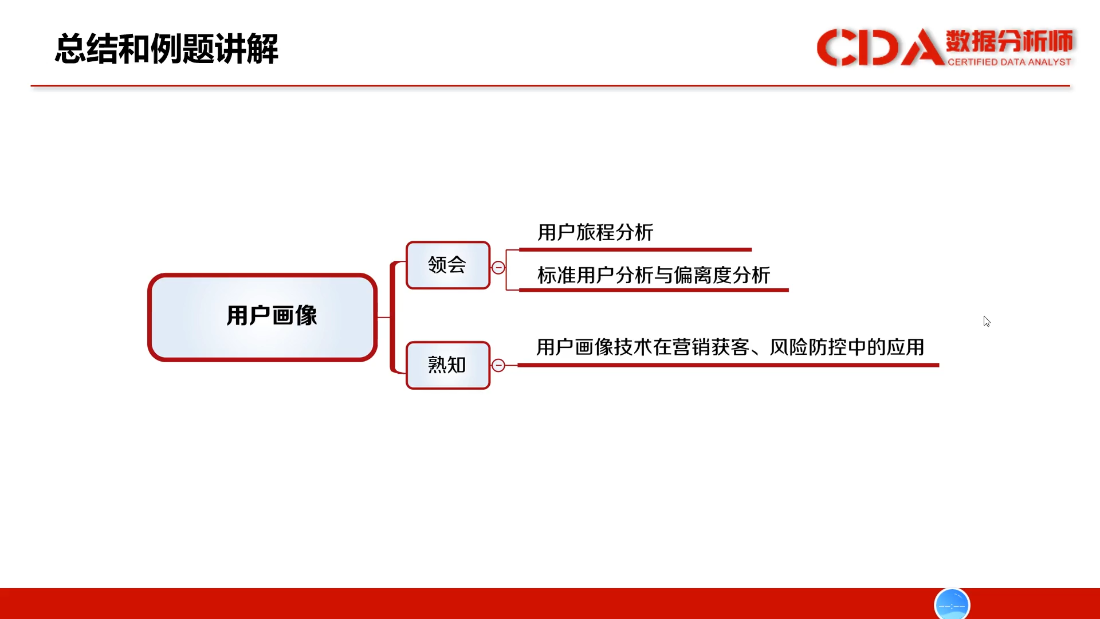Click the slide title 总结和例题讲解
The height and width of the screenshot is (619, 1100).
point(167,49)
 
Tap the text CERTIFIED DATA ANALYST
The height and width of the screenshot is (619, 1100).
point(1009,62)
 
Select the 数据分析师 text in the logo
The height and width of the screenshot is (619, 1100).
point(1009,41)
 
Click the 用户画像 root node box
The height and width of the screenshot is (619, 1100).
point(262,317)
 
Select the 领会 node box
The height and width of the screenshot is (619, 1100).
point(448,265)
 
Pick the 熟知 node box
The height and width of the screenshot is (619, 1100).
point(448,365)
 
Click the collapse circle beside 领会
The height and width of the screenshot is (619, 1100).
point(498,268)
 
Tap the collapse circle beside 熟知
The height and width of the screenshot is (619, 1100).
point(498,365)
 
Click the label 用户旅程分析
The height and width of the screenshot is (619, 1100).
point(595,232)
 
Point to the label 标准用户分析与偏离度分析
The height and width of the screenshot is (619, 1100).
point(654,275)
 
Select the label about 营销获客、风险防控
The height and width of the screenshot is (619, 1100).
point(730,347)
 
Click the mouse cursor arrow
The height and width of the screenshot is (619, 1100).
point(987,322)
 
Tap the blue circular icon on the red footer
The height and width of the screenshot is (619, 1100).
point(952,604)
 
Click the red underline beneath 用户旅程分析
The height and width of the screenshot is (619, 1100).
point(635,250)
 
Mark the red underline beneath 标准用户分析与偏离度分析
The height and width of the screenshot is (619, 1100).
point(654,290)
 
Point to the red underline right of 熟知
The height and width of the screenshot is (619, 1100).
point(728,365)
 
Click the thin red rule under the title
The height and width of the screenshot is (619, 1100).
point(550,86)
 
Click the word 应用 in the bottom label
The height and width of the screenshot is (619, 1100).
point(906,347)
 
